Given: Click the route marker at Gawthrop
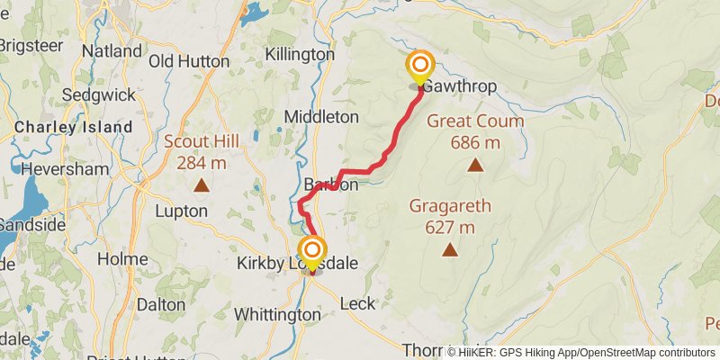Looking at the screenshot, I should (420, 67).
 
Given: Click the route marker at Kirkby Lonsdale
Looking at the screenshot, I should (312, 250).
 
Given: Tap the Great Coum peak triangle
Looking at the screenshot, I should (474, 165).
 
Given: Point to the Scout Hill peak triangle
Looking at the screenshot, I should (202, 185).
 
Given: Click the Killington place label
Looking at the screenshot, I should (301, 55).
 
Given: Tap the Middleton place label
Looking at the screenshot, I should (321, 117).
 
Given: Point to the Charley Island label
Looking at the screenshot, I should (73, 128).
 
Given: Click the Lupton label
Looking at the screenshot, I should (182, 211).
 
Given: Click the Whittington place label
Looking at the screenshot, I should (276, 315).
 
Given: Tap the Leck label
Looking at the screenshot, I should (357, 304).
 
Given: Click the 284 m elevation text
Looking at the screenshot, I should (202, 163).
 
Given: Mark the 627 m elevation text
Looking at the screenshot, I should (450, 227).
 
